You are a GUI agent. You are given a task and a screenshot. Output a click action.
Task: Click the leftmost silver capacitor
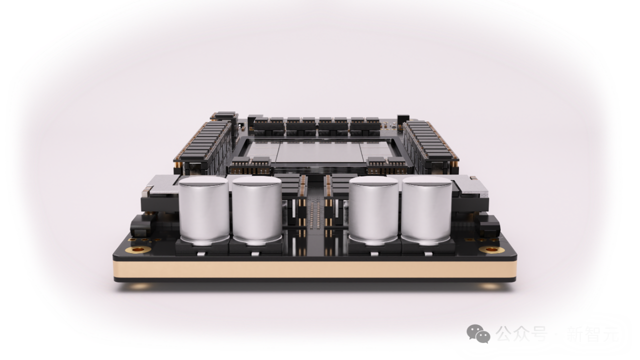coord(203,210)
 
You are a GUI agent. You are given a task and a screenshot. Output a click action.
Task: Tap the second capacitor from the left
coord(257,210)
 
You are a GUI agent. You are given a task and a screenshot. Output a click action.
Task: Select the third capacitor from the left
coord(373,210)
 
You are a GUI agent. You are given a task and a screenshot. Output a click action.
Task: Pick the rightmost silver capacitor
coord(426,210)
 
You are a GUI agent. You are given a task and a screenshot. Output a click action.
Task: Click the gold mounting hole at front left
coord(138,249)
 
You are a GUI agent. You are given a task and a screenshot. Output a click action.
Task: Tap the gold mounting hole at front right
coord(492,249)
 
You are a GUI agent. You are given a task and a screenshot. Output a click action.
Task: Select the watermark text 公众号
coord(521,333)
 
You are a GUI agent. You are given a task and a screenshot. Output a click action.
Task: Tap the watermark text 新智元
coord(592,333)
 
